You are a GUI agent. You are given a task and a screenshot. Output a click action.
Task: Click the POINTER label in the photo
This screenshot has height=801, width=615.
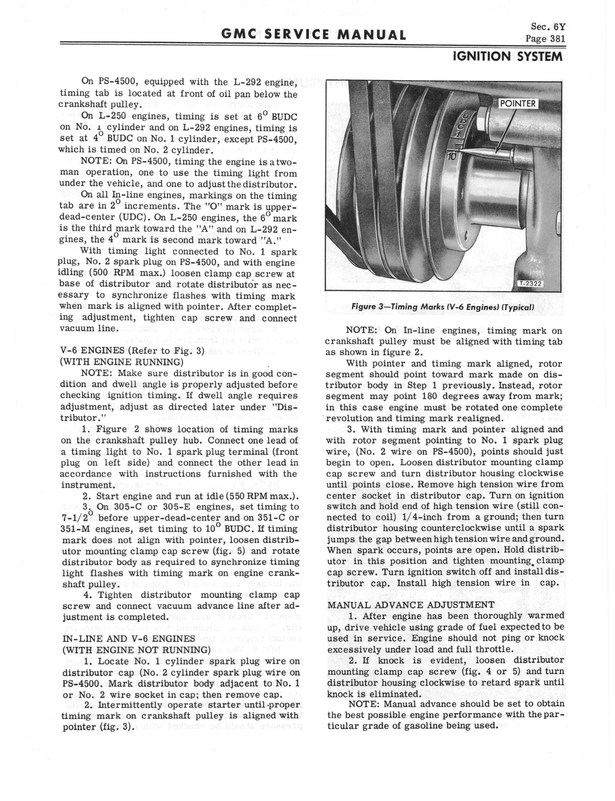pos(518,104)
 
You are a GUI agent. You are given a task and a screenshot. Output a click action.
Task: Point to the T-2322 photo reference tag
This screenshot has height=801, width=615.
pos(530,284)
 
